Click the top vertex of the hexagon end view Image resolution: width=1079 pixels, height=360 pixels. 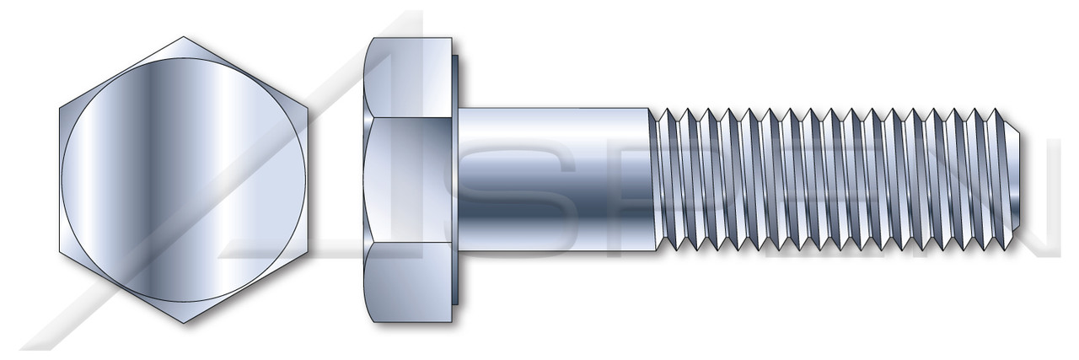click(x=185, y=36)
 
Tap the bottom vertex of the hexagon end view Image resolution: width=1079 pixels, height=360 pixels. click(x=185, y=324)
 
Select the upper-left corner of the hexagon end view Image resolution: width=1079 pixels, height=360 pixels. click(x=60, y=109)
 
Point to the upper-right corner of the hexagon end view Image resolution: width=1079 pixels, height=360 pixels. click(x=309, y=109)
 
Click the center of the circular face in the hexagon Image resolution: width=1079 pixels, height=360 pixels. click(x=185, y=180)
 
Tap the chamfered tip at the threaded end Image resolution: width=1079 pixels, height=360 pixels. click(x=1012, y=180)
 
